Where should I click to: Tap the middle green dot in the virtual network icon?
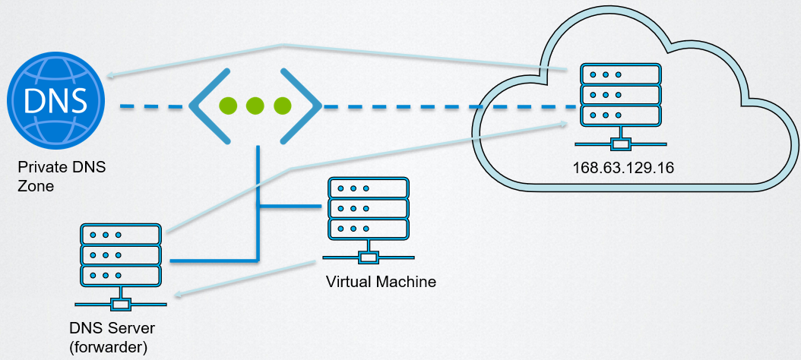255,107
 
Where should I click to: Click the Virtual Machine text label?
381,282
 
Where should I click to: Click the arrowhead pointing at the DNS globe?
111,75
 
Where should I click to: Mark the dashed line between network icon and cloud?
410,107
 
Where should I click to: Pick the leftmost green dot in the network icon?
226,107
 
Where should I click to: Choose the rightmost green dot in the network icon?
283,107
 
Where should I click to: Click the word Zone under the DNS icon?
35,185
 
